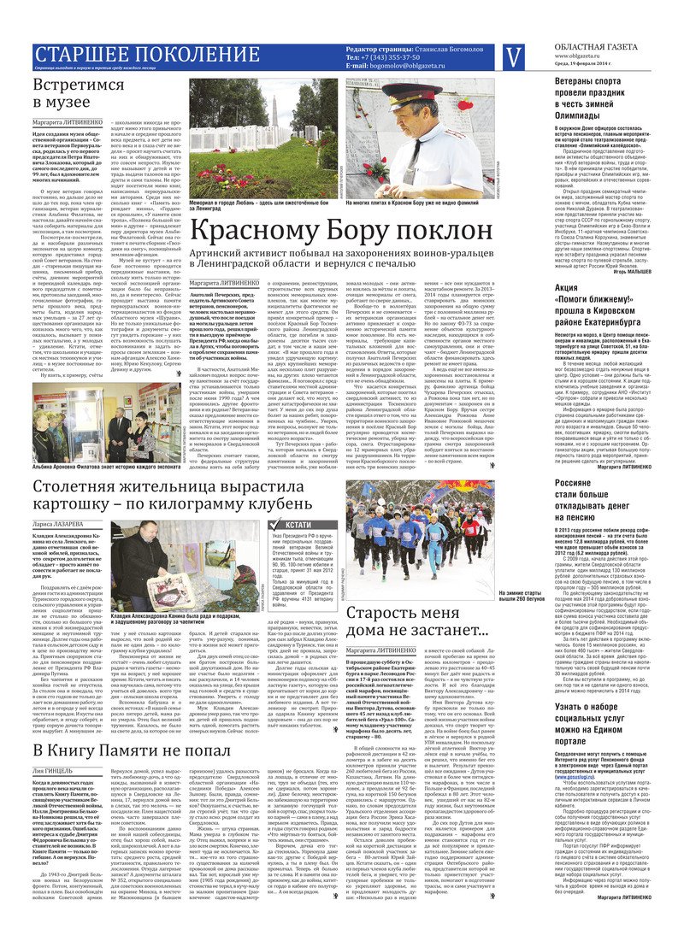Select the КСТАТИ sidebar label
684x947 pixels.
point(300,500)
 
